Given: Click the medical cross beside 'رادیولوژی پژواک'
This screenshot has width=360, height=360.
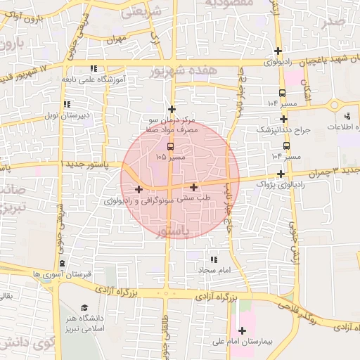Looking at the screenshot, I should [281, 174].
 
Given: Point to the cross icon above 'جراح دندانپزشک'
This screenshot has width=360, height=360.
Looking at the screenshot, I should [283, 120].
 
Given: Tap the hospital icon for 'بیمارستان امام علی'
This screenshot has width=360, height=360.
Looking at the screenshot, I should [243, 330].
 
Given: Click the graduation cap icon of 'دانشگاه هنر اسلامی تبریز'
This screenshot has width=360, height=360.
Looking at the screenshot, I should [85, 309].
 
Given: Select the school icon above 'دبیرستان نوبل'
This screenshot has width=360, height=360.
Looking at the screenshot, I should [67, 104].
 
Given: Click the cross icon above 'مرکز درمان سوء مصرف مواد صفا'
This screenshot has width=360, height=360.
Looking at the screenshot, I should [172, 110].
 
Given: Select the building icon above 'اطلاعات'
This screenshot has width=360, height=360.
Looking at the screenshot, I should [347, 116].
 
